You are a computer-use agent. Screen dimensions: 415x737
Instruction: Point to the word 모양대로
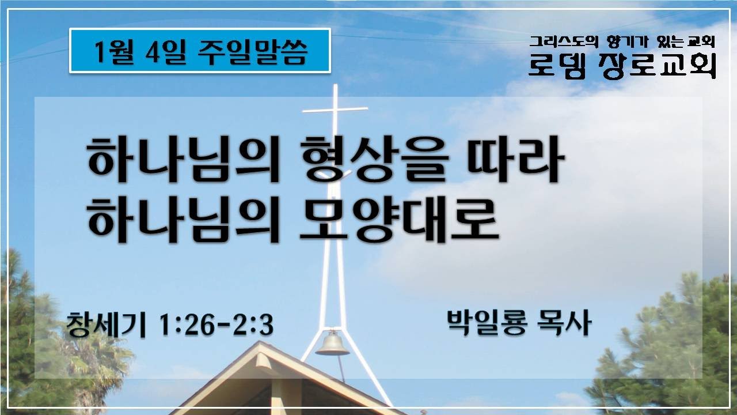coord(396,219)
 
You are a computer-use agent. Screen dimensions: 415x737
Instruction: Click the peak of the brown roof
coord(264,346)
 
